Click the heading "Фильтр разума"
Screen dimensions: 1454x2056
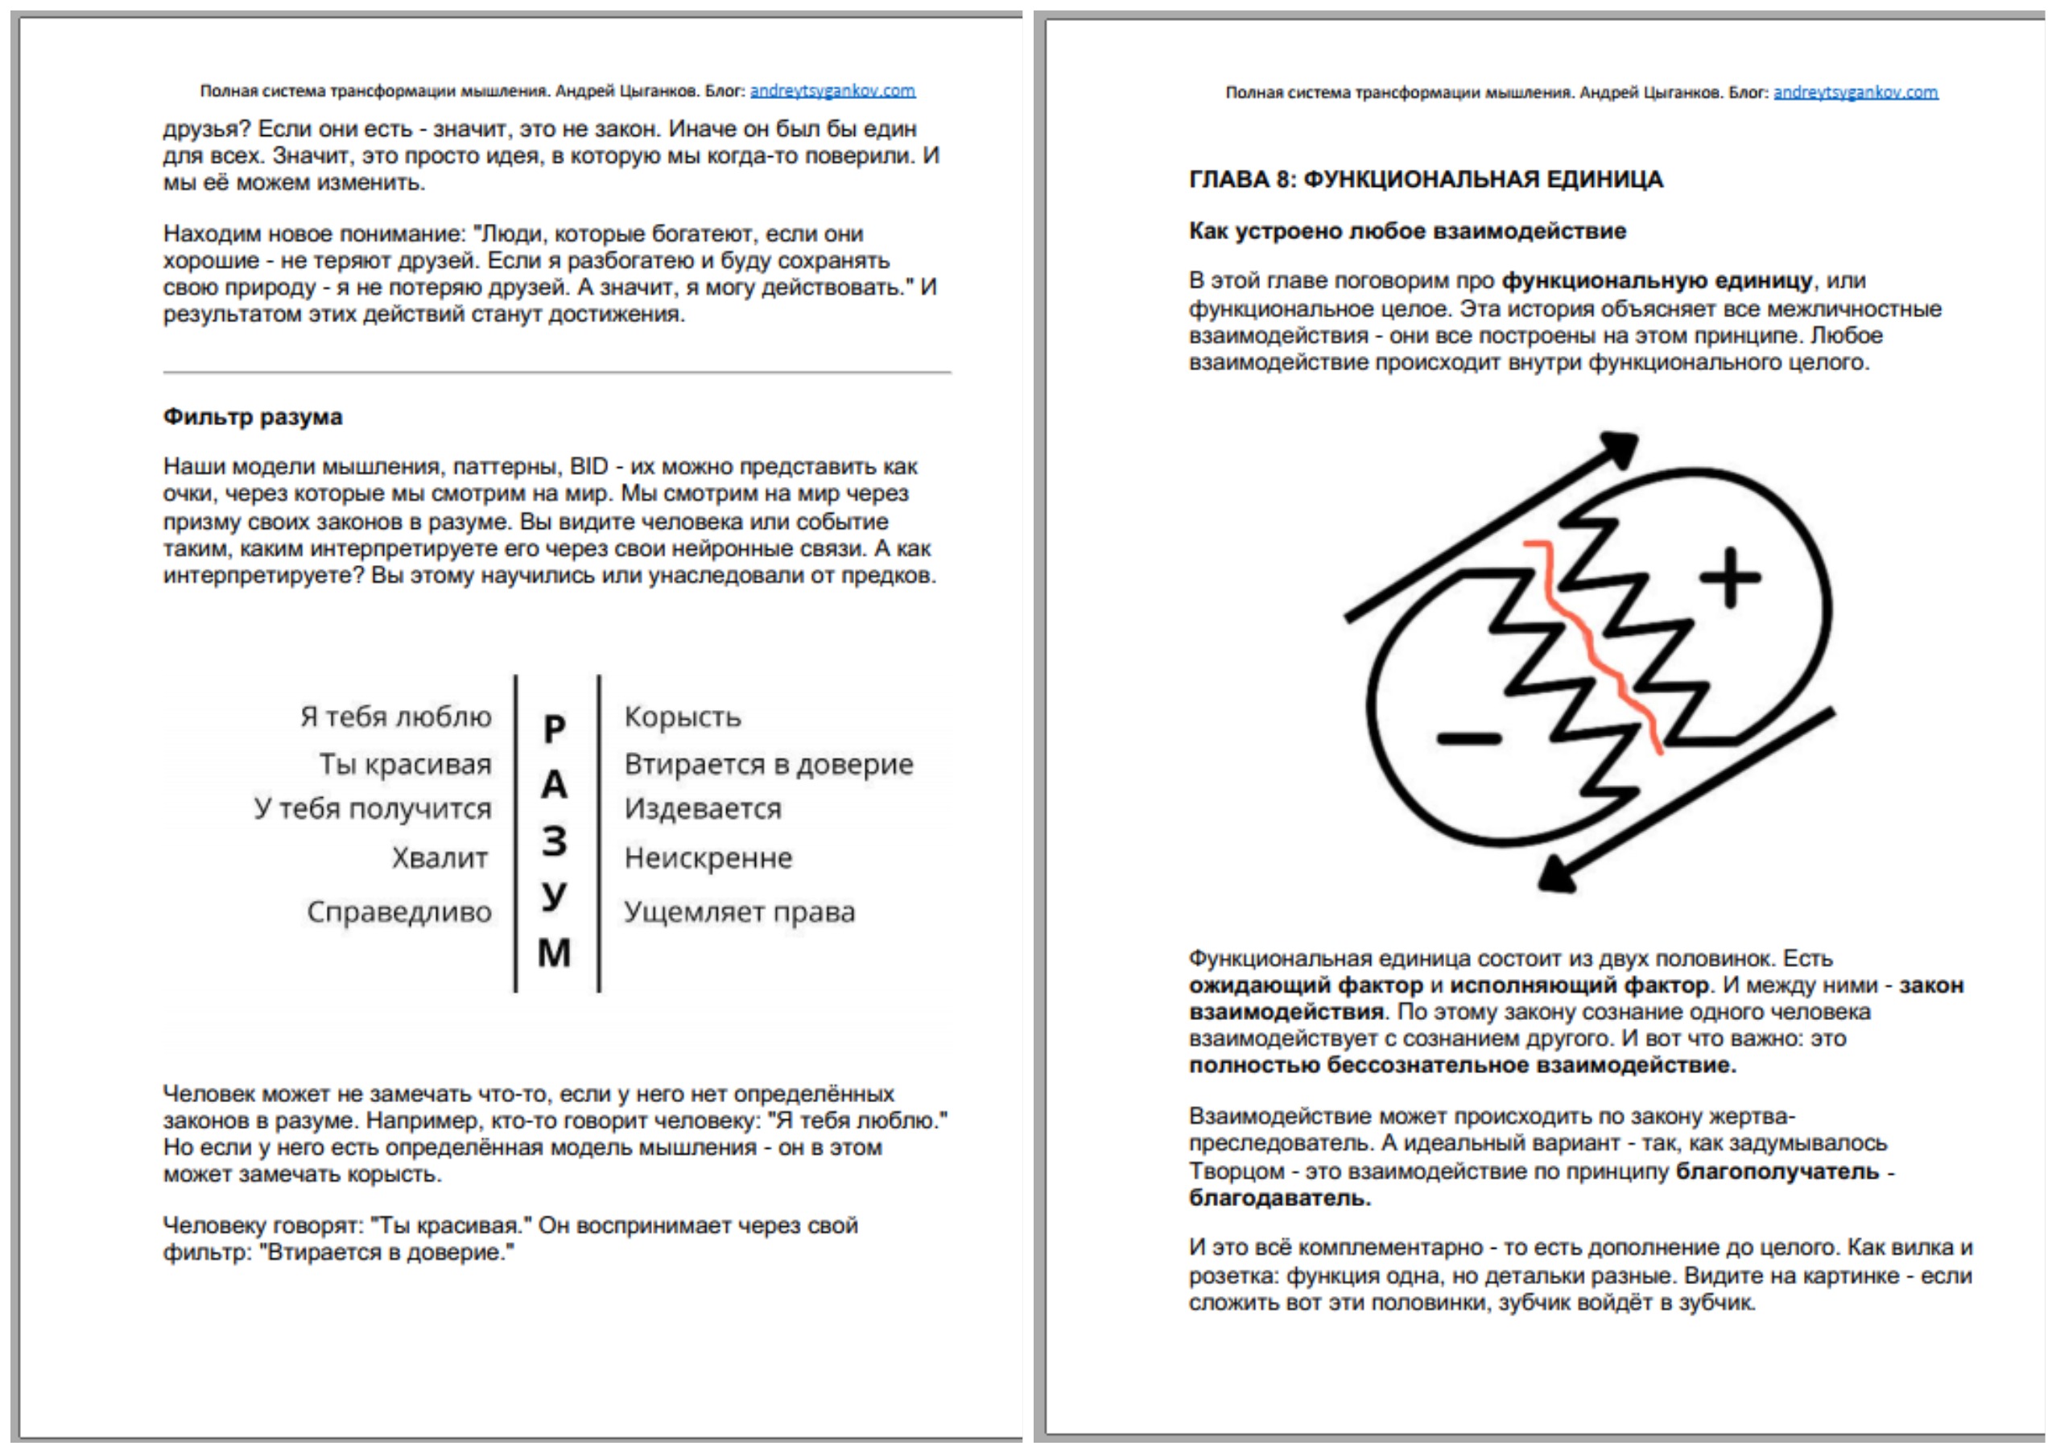(253, 417)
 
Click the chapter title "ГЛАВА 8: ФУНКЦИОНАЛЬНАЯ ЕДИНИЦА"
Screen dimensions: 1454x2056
(1426, 180)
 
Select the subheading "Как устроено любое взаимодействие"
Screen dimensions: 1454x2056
(1407, 231)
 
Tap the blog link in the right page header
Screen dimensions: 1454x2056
(1856, 93)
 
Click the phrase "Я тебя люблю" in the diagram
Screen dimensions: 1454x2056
(396, 717)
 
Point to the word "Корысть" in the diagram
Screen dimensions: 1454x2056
(683, 717)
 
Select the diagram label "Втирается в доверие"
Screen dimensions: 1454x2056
(768, 764)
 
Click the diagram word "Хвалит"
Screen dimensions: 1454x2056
(440, 857)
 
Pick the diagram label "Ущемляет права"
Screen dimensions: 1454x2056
(739, 911)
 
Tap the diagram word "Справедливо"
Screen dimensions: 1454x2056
(399, 911)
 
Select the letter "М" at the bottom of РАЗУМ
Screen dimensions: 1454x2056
(555, 952)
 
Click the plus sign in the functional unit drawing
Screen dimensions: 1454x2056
(1730, 577)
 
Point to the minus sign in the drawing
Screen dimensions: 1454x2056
(1468, 738)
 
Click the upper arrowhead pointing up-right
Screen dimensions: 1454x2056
(1620, 447)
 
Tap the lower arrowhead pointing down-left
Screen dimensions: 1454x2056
(1559, 873)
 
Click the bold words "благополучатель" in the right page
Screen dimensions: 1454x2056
(1777, 1171)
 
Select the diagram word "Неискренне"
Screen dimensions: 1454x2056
(708, 857)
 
